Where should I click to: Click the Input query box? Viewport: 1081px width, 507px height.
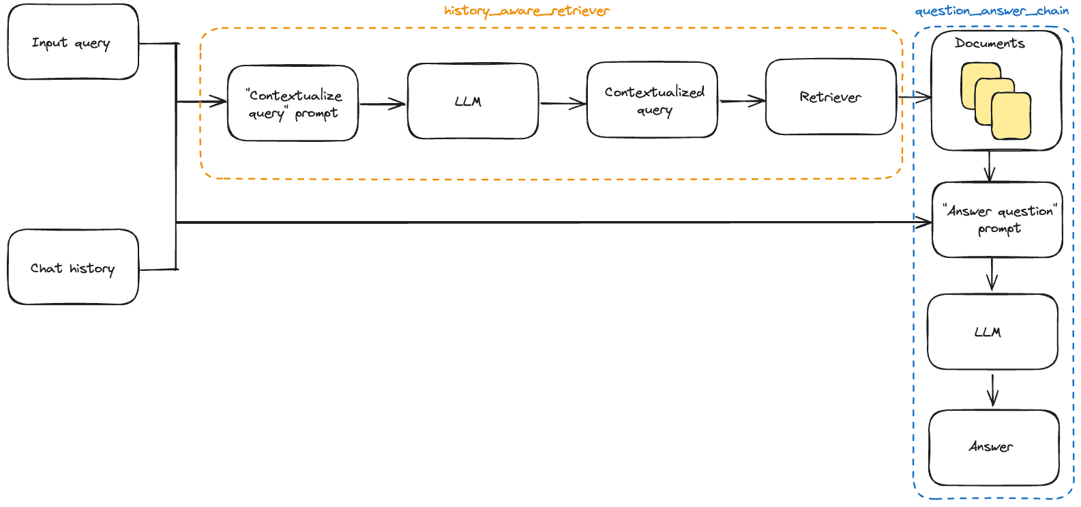click(x=73, y=42)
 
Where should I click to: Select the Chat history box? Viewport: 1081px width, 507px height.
click(x=73, y=267)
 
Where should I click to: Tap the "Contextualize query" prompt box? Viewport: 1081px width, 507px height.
click(x=293, y=104)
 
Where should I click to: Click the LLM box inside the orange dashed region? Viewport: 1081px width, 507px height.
click(x=473, y=101)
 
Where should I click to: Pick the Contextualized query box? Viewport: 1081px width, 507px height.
click(x=652, y=100)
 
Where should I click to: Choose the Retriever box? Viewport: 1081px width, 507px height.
click(x=831, y=97)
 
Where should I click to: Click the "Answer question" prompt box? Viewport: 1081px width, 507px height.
click(x=997, y=220)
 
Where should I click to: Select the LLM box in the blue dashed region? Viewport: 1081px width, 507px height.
click(x=992, y=332)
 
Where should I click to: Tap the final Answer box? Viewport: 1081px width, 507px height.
click(x=994, y=447)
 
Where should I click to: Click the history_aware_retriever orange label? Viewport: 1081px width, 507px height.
click(x=527, y=11)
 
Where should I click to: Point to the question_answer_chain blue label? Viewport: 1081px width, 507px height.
click(x=992, y=11)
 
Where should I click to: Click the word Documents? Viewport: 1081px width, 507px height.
click(x=990, y=44)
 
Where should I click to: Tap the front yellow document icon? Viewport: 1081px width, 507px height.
click(x=1011, y=117)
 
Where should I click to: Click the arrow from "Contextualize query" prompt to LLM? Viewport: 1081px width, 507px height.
click(x=383, y=104)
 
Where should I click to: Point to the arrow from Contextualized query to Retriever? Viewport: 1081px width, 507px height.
click(x=742, y=101)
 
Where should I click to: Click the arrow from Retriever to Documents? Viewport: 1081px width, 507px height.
click(x=915, y=98)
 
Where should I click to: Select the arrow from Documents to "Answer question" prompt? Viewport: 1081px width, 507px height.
click(x=990, y=166)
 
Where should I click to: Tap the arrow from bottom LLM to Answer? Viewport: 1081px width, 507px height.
click(x=992, y=390)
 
